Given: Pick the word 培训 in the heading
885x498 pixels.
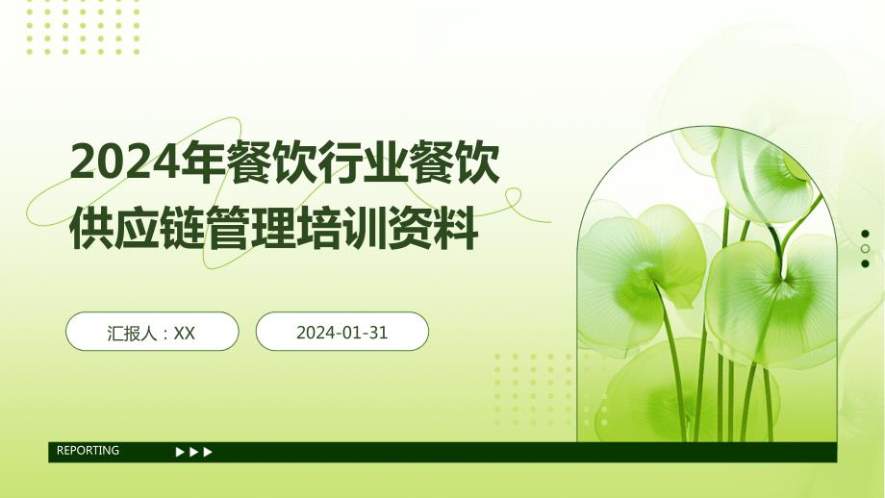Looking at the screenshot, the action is pyautogui.click(x=341, y=229).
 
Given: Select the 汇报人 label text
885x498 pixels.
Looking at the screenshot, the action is pyautogui.click(x=132, y=333).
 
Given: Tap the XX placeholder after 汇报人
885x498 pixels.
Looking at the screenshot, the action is pyautogui.click(x=184, y=334).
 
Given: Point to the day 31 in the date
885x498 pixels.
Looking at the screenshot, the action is pyautogui.click(x=378, y=333).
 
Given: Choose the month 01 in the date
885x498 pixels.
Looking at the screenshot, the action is pyautogui.click(x=353, y=333).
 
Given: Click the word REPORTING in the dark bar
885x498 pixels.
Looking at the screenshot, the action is pyautogui.click(x=88, y=450).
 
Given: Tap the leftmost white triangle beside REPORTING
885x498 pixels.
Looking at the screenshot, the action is pyautogui.click(x=180, y=452).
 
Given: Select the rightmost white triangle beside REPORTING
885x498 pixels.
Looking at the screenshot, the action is pyautogui.click(x=208, y=452).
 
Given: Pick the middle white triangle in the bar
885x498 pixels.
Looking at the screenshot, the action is pyautogui.click(x=193, y=452).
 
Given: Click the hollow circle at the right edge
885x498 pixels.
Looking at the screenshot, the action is pyautogui.click(x=865, y=249).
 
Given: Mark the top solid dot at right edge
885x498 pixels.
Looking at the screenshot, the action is pyautogui.click(x=865, y=234).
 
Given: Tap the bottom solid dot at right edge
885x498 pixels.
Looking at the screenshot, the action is pyautogui.click(x=865, y=263).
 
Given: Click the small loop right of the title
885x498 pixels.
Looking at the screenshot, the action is pyautogui.click(x=513, y=197).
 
